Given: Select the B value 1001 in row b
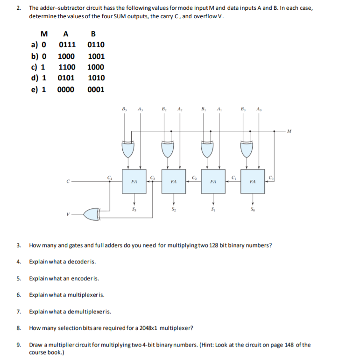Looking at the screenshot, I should point(96,56).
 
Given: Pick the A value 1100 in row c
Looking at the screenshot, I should point(66,67).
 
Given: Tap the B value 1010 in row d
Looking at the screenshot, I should point(96,78).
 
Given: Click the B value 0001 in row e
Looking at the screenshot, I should point(96,89).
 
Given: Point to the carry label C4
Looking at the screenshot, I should point(110,176).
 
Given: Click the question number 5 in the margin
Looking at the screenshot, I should point(18,278).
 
